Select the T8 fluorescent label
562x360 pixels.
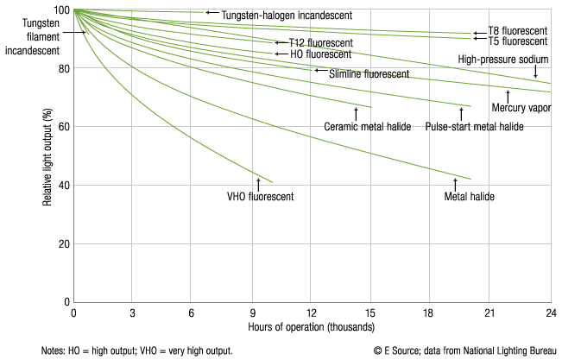pyautogui.click(x=517, y=31)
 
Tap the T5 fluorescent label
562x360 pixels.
pyautogui.click(x=517, y=41)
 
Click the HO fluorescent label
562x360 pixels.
pyautogui.click(x=320, y=54)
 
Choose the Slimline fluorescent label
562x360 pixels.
pyautogui.click(x=369, y=74)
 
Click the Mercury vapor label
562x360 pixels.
pyautogui.click(x=521, y=108)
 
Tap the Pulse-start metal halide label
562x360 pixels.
pyautogui.click(x=475, y=126)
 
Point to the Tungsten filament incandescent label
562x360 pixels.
pyautogui.click(x=35, y=38)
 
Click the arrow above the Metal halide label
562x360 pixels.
pyautogui.click(x=455, y=183)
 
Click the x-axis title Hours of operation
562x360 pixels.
pyautogui.click(x=312, y=328)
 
